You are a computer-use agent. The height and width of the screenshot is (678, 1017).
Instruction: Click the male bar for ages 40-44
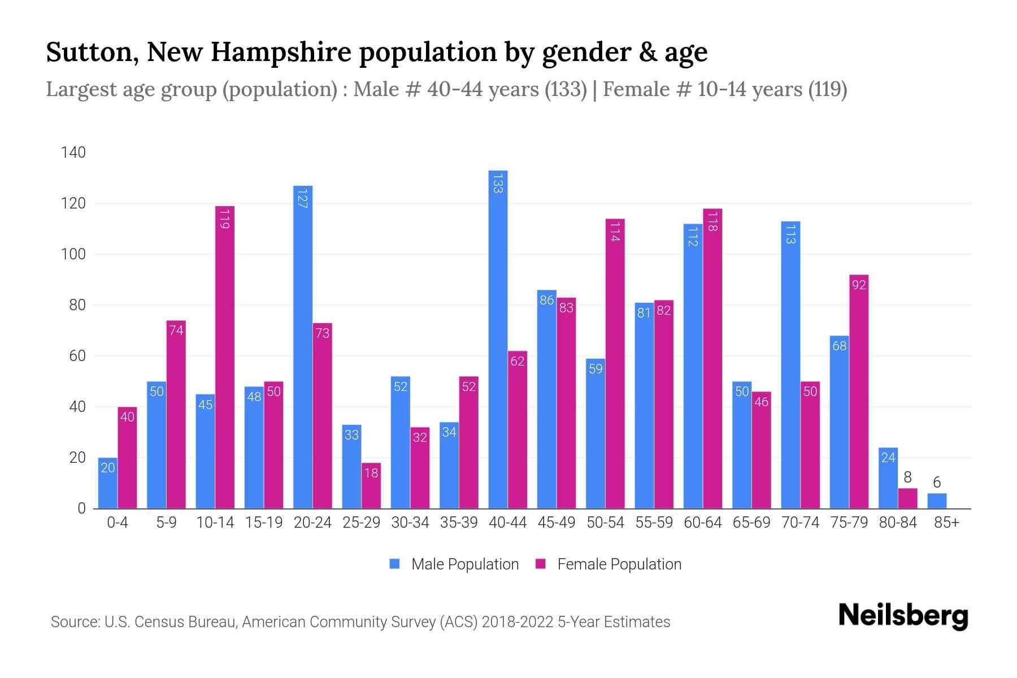[498, 339]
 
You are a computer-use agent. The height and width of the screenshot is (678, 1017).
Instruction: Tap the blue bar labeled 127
[303, 347]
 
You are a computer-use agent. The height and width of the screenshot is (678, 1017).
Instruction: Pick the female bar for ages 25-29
[371, 486]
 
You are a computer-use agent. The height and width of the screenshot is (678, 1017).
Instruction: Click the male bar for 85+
[937, 501]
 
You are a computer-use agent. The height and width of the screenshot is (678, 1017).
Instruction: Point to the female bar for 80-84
[907, 499]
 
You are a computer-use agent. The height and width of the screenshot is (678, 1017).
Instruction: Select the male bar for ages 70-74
[790, 365]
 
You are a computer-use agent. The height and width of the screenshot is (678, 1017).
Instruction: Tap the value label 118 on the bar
[712, 221]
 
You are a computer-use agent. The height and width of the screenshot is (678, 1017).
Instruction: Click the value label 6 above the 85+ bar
[937, 483]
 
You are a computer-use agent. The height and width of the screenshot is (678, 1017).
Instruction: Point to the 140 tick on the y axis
[73, 153]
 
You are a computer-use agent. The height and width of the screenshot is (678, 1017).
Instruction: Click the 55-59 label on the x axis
[654, 523]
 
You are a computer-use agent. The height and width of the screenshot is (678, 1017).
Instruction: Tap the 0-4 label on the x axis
[118, 523]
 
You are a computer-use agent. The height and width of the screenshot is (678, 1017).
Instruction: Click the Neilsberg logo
[903, 615]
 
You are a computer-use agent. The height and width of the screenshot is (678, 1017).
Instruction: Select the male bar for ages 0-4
[107, 483]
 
